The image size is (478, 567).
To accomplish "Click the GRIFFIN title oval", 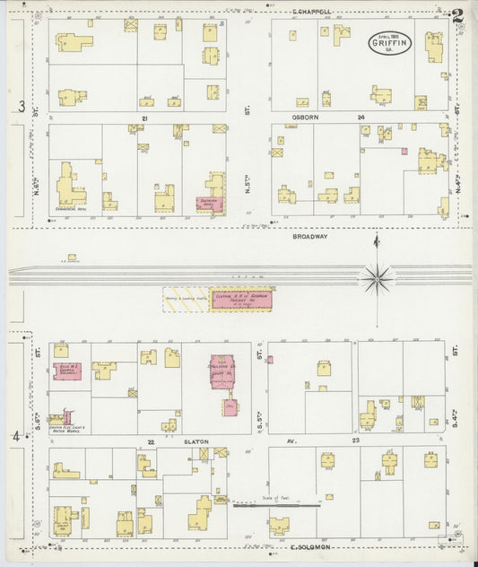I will tap(388, 42).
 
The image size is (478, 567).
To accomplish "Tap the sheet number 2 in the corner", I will tap(458, 16).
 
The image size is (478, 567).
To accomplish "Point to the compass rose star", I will tap(377, 277).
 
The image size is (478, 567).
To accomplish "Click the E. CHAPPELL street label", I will tap(311, 13).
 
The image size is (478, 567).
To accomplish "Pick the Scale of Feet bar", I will tap(276, 505).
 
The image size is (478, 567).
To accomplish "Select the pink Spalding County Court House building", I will tap(223, 371).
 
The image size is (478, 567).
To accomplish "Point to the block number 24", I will tap(361, 118).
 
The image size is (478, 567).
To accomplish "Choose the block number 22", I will tap(152, 442).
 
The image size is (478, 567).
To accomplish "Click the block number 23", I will tap(355, 441).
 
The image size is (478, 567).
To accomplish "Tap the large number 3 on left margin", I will tap(20, 107).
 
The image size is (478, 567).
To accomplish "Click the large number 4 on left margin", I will tap(15, 436).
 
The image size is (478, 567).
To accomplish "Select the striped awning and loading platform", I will tap(186, 301).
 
